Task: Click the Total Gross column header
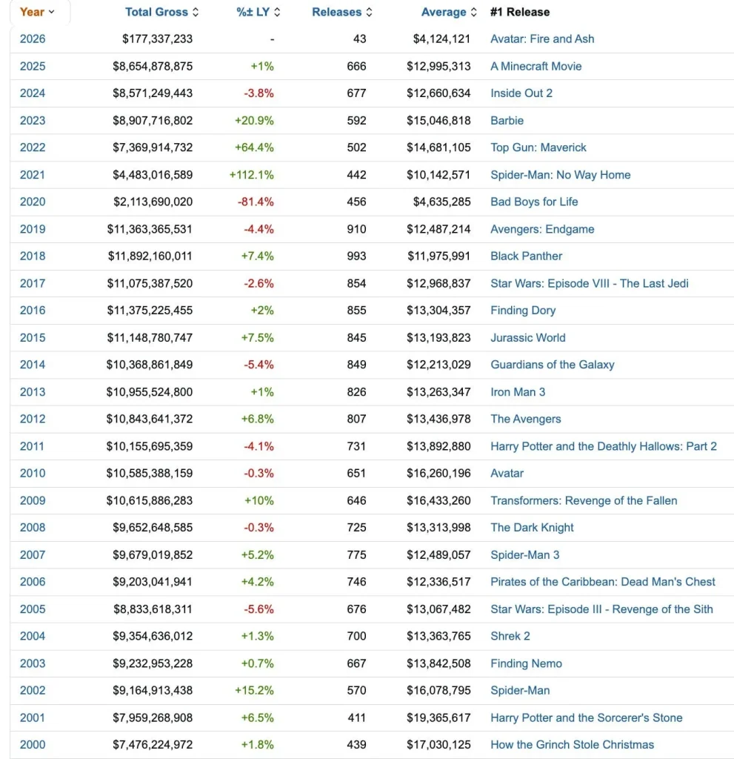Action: pos(157,12)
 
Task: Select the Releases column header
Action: pos(337,12)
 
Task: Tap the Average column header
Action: pos(444,12)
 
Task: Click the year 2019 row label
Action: pos(33,229)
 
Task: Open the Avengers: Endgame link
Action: pos(542,229)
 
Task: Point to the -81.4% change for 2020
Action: pos(258,202)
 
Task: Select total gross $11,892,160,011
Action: pos(150,256)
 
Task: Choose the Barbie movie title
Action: pos(507,120)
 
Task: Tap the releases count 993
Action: pos(356,256)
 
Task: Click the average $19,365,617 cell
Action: pos(438,717)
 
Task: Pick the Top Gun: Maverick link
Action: pos(538,148)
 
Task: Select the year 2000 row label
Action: pos(33,744)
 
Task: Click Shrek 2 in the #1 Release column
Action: pos(510,636)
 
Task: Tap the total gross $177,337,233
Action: pos(157,39)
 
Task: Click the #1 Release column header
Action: pos(520,12)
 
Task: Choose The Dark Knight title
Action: pos(532,527)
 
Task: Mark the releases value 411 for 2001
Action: pos(356,717)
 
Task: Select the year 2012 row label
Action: pos(33,419)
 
